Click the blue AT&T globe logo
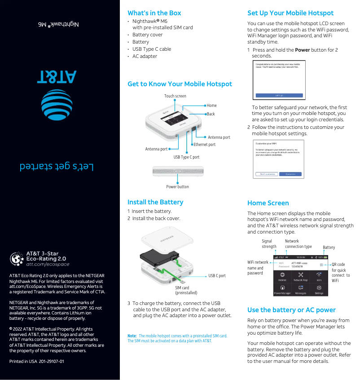click(x=57, y=107)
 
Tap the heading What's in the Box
click(x=154, y=13)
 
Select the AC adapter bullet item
click(x=145, y=56)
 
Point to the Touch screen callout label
click(x=175, y=96)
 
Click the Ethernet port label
click(x=204, y=145)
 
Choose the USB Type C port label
click(x=186, y=157)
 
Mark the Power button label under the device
click(x=177, y=186)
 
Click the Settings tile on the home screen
click(x=319, y=290)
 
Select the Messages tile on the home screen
click(x=300, y=290)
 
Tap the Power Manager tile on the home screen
click(x=282, y=290)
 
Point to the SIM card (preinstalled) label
click(x=186, y=290)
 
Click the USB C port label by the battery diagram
click(x=217, y=276)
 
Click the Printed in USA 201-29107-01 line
click(x=36, y=361)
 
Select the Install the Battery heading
click(x=155, y=202)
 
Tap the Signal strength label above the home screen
click(x=269, y=244)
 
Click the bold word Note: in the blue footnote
click(x=132, y=336)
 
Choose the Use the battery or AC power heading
click(x=291, y=310)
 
